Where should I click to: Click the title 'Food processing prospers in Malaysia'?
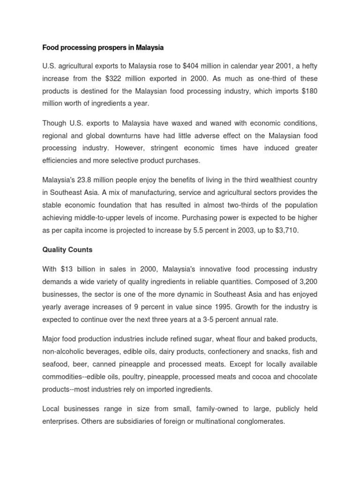(x=103, y=47)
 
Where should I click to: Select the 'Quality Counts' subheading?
(x=67, y=250)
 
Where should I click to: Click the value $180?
(x=308, y=91)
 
